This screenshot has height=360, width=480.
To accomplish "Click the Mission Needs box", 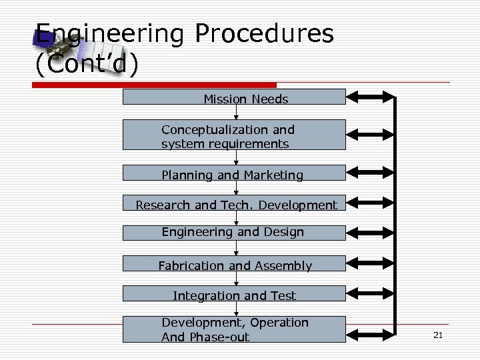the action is pos(234,97).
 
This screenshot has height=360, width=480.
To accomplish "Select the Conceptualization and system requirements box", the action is pos(234,135).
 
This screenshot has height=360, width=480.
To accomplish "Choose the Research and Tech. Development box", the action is pos(234,203).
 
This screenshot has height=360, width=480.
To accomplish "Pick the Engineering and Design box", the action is pos(234,233).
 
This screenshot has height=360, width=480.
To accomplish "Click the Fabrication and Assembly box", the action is pos(234,265).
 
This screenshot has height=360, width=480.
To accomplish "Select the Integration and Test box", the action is pos(234,294).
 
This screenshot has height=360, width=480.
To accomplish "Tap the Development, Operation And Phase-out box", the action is pos(234,329).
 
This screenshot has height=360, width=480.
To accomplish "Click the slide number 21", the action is pos(438,335).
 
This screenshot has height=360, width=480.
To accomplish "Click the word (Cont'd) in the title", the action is pos(87,65).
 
